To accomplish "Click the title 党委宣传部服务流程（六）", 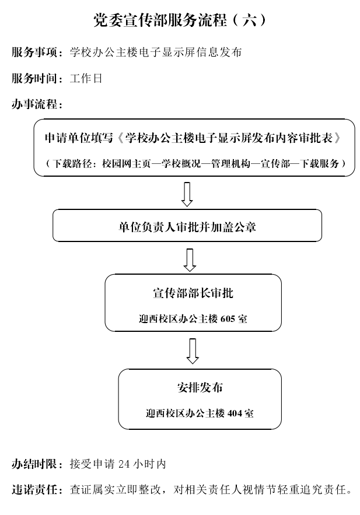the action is tap(179, 20).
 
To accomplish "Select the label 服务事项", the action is tap(34, 52).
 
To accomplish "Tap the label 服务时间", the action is tap(34, 79).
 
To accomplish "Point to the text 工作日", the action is tap(86, 79).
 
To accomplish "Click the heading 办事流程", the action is tap(34, 104).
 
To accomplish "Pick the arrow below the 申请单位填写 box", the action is tap(187, 194).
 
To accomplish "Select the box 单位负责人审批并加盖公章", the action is tap(187, 226).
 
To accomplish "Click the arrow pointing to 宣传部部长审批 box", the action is tap(190, 260).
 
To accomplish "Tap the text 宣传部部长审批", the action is tap(193, 293).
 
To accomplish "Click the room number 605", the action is tap(228, 318).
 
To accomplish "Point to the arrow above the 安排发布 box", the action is tap(193, 351).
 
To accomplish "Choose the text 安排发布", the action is tap(200, 388).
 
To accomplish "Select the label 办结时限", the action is tap(34, 464).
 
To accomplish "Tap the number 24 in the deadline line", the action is tap(124, 464).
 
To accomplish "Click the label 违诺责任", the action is tap(34, 490).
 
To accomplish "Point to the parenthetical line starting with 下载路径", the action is tap(195, 163).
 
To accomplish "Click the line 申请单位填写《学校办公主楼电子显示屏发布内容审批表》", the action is tap(193, 138).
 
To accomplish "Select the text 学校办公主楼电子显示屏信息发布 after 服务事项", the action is tap(156, 52).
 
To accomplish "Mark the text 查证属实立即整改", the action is tap(116, 490).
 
